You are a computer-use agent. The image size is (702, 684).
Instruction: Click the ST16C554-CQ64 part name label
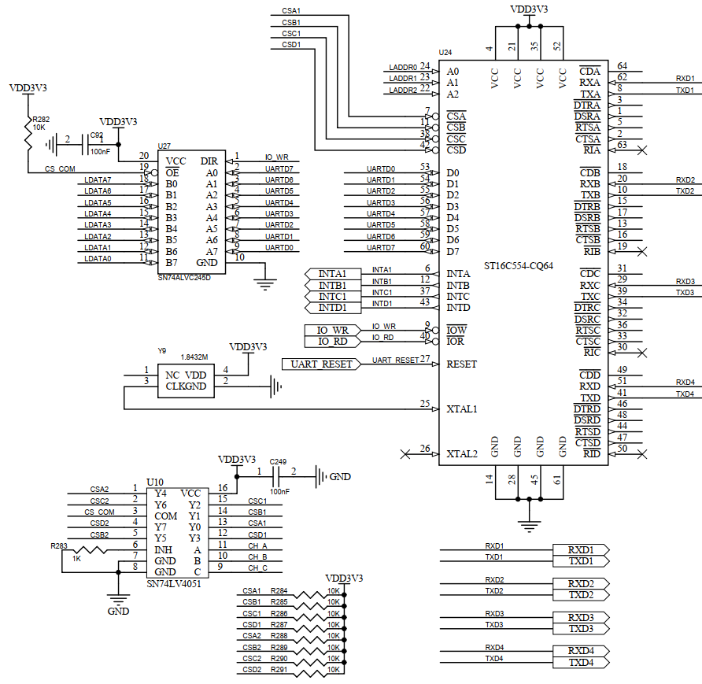click(x=518, y=266)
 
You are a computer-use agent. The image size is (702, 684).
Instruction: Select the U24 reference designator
click(x=445, y=52)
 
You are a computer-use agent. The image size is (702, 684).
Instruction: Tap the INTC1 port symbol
click(x=331, y=296)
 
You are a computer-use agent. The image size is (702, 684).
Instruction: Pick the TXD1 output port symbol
click(x=582, y=561)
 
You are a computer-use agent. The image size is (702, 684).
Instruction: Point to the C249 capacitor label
click(x=278, y=461)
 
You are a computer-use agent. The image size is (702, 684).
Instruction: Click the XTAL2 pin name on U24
click(x=462, y=454)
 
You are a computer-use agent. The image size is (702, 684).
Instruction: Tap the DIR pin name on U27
click(x=209, y=161)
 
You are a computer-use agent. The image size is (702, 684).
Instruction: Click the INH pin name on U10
click(x=164, y=549)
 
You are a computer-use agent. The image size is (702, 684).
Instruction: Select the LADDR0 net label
click(x=403, y=68)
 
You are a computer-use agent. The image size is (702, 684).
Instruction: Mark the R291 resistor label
click(x=279, y=670)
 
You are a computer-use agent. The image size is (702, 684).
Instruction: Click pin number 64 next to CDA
click(x=622, y=66)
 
